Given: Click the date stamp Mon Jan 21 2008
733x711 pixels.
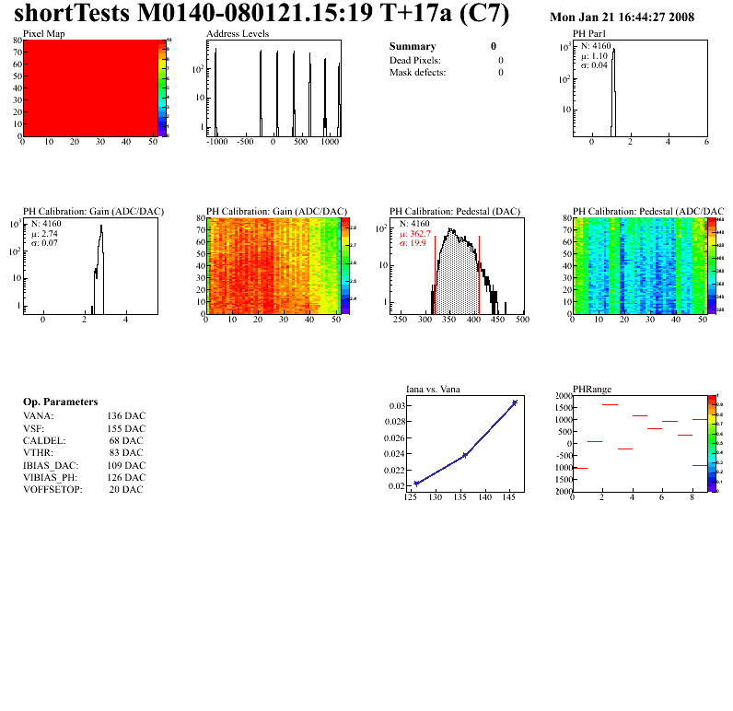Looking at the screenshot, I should [622, 17].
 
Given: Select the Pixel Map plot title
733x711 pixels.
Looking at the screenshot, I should [43, 33].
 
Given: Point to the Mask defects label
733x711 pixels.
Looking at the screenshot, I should [417, 72].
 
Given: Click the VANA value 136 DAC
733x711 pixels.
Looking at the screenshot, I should [126, 416].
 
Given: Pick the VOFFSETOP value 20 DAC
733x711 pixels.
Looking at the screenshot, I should [126, 489].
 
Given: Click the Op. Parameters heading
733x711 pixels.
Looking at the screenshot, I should [60, 402].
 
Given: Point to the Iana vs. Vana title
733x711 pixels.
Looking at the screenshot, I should [433, 389].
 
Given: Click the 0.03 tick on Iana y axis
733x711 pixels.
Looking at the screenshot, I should [397, 406].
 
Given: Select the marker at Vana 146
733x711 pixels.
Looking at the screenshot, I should [515, 402].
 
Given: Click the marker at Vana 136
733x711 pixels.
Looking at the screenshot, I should [465, 455].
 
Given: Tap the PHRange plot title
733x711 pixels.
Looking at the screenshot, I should [591, 389].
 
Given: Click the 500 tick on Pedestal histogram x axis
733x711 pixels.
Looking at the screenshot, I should [521, 321].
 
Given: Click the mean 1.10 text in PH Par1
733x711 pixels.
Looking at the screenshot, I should [597, 55].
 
